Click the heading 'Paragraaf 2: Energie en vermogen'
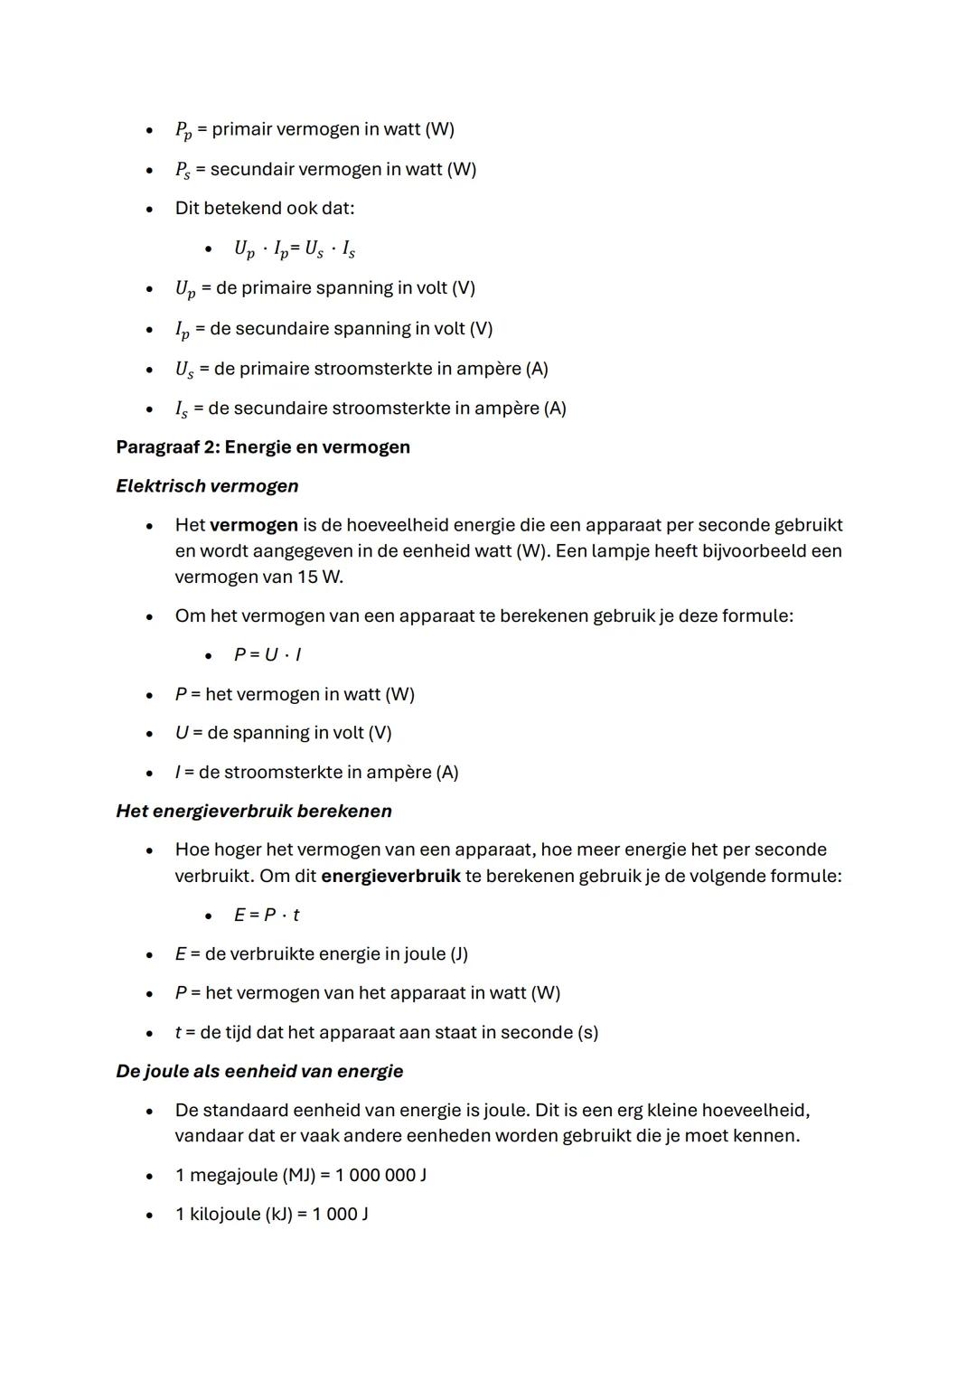pos(263,447)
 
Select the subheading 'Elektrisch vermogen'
pos(207,486)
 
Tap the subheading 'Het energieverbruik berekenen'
pos(254,811)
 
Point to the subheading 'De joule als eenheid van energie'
pos(259,1071)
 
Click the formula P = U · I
pos(267,654)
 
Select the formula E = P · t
pos(267,915)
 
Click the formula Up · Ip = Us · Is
pos(295,249)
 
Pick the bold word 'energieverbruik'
pos(390,876)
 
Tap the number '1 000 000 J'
pos(380,1175)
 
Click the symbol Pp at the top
pos(183,130)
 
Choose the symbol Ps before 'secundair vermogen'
pos(183,170)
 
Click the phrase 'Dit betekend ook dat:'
pos(265,208)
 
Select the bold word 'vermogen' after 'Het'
pos(253,525)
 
